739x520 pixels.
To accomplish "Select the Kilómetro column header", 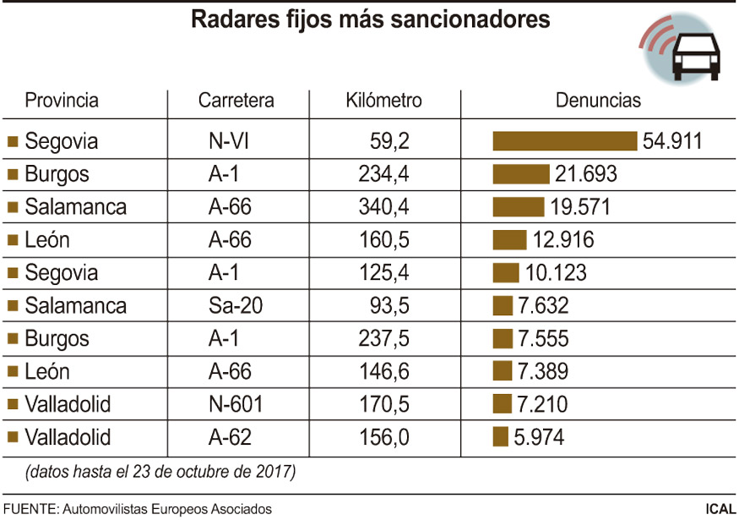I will point(383,101).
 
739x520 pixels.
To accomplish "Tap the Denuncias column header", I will point(598,101).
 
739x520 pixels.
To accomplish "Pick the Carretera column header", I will point(236,101).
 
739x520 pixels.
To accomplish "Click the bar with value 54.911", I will point(564,141).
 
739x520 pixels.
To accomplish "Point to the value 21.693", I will point(586,174).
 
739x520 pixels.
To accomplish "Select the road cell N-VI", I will point(228,141).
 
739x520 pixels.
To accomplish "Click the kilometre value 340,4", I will point(383,207).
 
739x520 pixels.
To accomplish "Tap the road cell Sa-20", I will point(236,306).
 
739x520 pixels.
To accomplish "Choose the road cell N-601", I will point(236,405).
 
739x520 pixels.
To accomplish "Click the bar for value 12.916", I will point(509,240).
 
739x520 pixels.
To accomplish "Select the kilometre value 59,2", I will point(389,141).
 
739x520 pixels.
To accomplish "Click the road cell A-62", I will point(230,438).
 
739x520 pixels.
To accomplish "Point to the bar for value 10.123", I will point(505,273).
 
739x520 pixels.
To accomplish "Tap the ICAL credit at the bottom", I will point(720,509).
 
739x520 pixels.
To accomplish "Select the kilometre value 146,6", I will point(383,372).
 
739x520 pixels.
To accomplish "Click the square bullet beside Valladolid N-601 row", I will point(12,405).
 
